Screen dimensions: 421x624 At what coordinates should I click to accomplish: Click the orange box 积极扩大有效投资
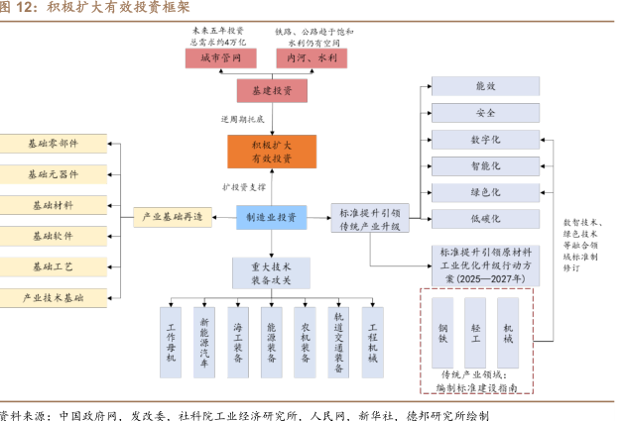click(x=271, y=151)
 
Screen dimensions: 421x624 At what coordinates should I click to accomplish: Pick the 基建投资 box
click(x=271, y=91)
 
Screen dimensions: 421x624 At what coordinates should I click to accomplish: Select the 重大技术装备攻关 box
click(x=271, y=272)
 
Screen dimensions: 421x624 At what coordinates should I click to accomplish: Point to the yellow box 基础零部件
click(x=54, y=143)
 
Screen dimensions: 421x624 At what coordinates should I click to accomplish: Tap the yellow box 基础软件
click(x=54, y=236)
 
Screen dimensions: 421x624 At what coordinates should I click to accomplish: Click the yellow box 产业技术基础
click(x=54, y=297)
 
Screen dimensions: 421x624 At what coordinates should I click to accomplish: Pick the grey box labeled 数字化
click(x=485, y=140)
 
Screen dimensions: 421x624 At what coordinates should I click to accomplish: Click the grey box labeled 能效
click(x=485, y=86)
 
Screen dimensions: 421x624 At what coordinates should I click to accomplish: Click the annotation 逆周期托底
click(x=243, y=119)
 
